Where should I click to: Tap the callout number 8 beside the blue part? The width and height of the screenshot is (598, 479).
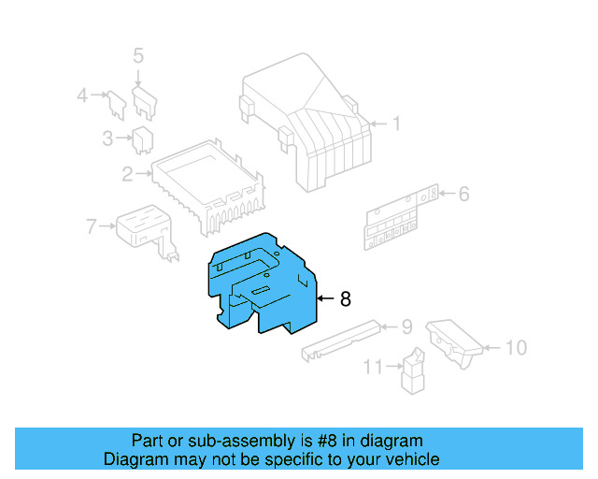click(x=345, y=299)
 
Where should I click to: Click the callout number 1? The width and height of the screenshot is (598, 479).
click(x=395, y=123)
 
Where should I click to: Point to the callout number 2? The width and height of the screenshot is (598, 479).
click(x=127, y=173)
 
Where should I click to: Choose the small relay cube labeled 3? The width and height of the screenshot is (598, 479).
click(x=143, y=138)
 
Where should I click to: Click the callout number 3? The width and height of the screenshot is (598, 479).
click(x=107, y=139)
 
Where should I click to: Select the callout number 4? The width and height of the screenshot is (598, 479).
click(x=82, y=94)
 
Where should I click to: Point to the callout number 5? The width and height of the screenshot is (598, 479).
click(x=138, y=56)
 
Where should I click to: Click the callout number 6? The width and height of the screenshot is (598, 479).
click(x=463, y=195)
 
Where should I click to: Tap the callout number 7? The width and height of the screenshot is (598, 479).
click(x=91, y=225)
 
